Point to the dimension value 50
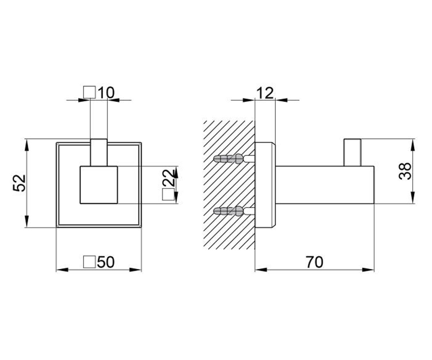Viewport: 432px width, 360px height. [x=105, y=262]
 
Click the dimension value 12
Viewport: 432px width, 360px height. [x=265, y=93]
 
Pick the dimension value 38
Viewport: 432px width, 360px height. [x=405, y=171]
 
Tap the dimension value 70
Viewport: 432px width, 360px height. [x=315, y=262]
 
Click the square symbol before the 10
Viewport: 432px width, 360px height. [x=89, y=92]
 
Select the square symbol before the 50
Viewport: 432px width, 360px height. [x=89, y=262]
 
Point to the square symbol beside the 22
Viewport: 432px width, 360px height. [x=168, y=194]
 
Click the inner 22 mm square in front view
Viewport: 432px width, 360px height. [x=99, y=185]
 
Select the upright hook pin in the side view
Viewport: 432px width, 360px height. [x=352, y=152]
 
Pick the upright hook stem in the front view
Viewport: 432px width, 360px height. [x=99, y=152]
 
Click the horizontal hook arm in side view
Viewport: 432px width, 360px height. [x=325, y=185]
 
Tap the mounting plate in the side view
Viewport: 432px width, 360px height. [x=265, y=185]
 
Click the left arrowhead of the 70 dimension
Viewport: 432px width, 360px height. [x=261, y=270]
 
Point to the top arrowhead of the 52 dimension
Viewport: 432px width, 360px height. [x=27, y=145]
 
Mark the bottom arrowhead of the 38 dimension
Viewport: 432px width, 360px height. [x=413, y=198]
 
